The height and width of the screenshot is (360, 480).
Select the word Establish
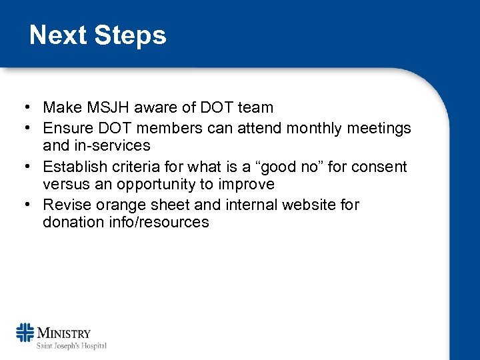click(73, 165)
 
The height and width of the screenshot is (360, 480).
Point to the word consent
click(384, 165)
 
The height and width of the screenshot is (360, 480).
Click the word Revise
click(65, 204)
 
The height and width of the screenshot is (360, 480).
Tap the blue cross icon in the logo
click(25, 332)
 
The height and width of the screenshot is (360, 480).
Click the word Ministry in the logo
click(64, 333)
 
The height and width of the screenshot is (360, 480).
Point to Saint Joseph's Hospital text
click(71, 345)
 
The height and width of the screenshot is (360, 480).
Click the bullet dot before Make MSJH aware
click(23, 107)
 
